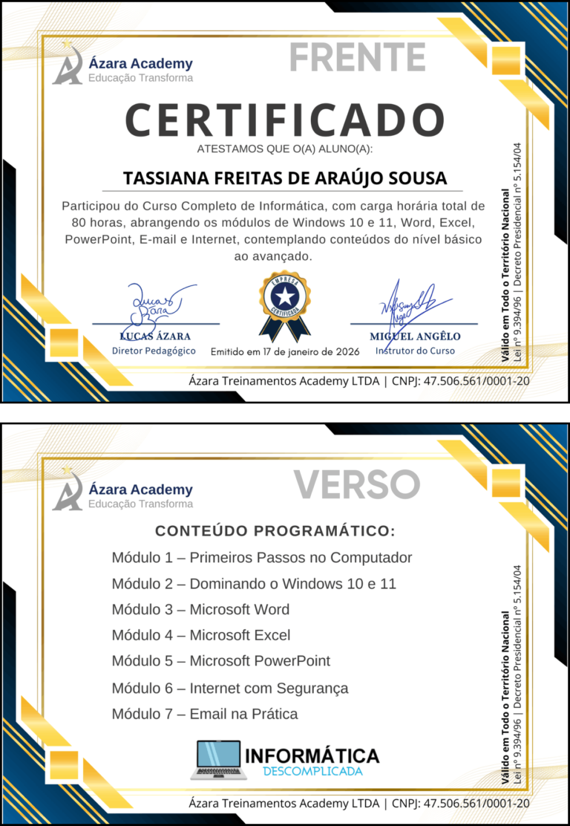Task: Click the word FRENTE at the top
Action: pos(357,57)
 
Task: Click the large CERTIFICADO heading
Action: pos(284,120)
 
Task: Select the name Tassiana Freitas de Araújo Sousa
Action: pos(285,179)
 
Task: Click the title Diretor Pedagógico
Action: pos(154,351)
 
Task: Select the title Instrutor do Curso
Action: pos(415,351)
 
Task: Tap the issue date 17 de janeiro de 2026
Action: pos(285,351)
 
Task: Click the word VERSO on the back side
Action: pos(357,484)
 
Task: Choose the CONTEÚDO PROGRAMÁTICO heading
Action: pos(275,531)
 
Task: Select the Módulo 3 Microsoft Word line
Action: pos(200,610)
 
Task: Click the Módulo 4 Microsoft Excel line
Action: pos(200,635)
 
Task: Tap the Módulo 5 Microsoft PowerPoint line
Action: pos(220,661)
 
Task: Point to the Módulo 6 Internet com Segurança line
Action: pos(229,689)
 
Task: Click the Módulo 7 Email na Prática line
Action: pos(204,715)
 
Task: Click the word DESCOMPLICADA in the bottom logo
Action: pos(312,772)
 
